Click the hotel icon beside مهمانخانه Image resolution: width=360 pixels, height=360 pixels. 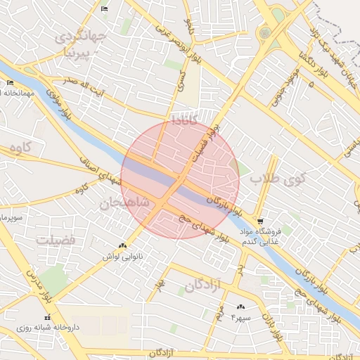pyautogui.click(x=10, y=83)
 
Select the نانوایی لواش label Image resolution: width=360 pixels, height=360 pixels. pyautogui.click(x=123, y=257)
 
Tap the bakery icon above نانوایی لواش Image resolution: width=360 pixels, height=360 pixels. pyautogui.click(x=123, y=246)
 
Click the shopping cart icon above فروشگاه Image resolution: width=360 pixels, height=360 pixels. pyautogui.click(x=260, y=219)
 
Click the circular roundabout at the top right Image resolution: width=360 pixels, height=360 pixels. pyautogui.click(x=265, y=32)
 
